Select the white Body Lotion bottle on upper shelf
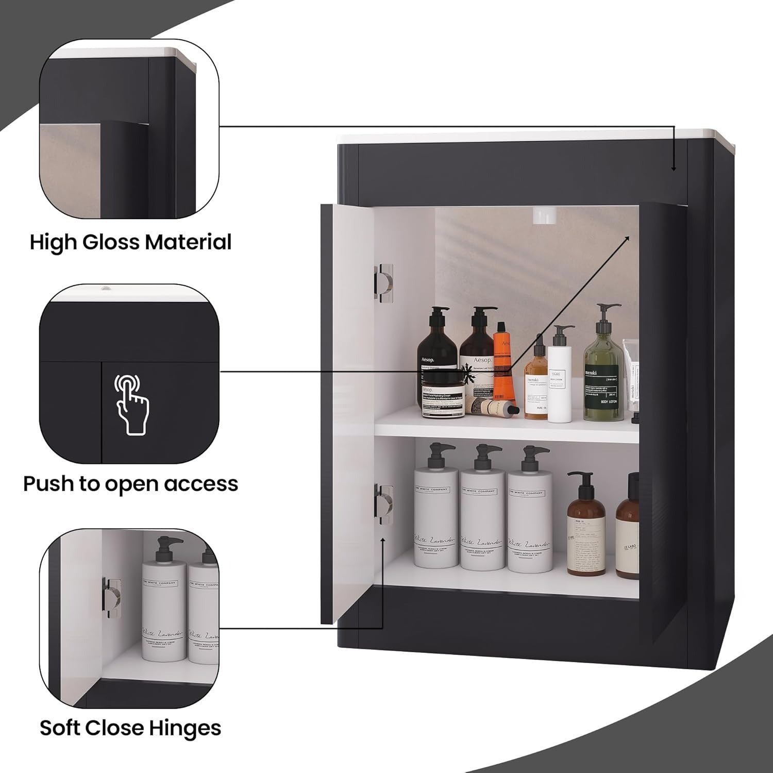[560, 374]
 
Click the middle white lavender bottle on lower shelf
[482, 515]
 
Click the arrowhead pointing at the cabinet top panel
[674, 167]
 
